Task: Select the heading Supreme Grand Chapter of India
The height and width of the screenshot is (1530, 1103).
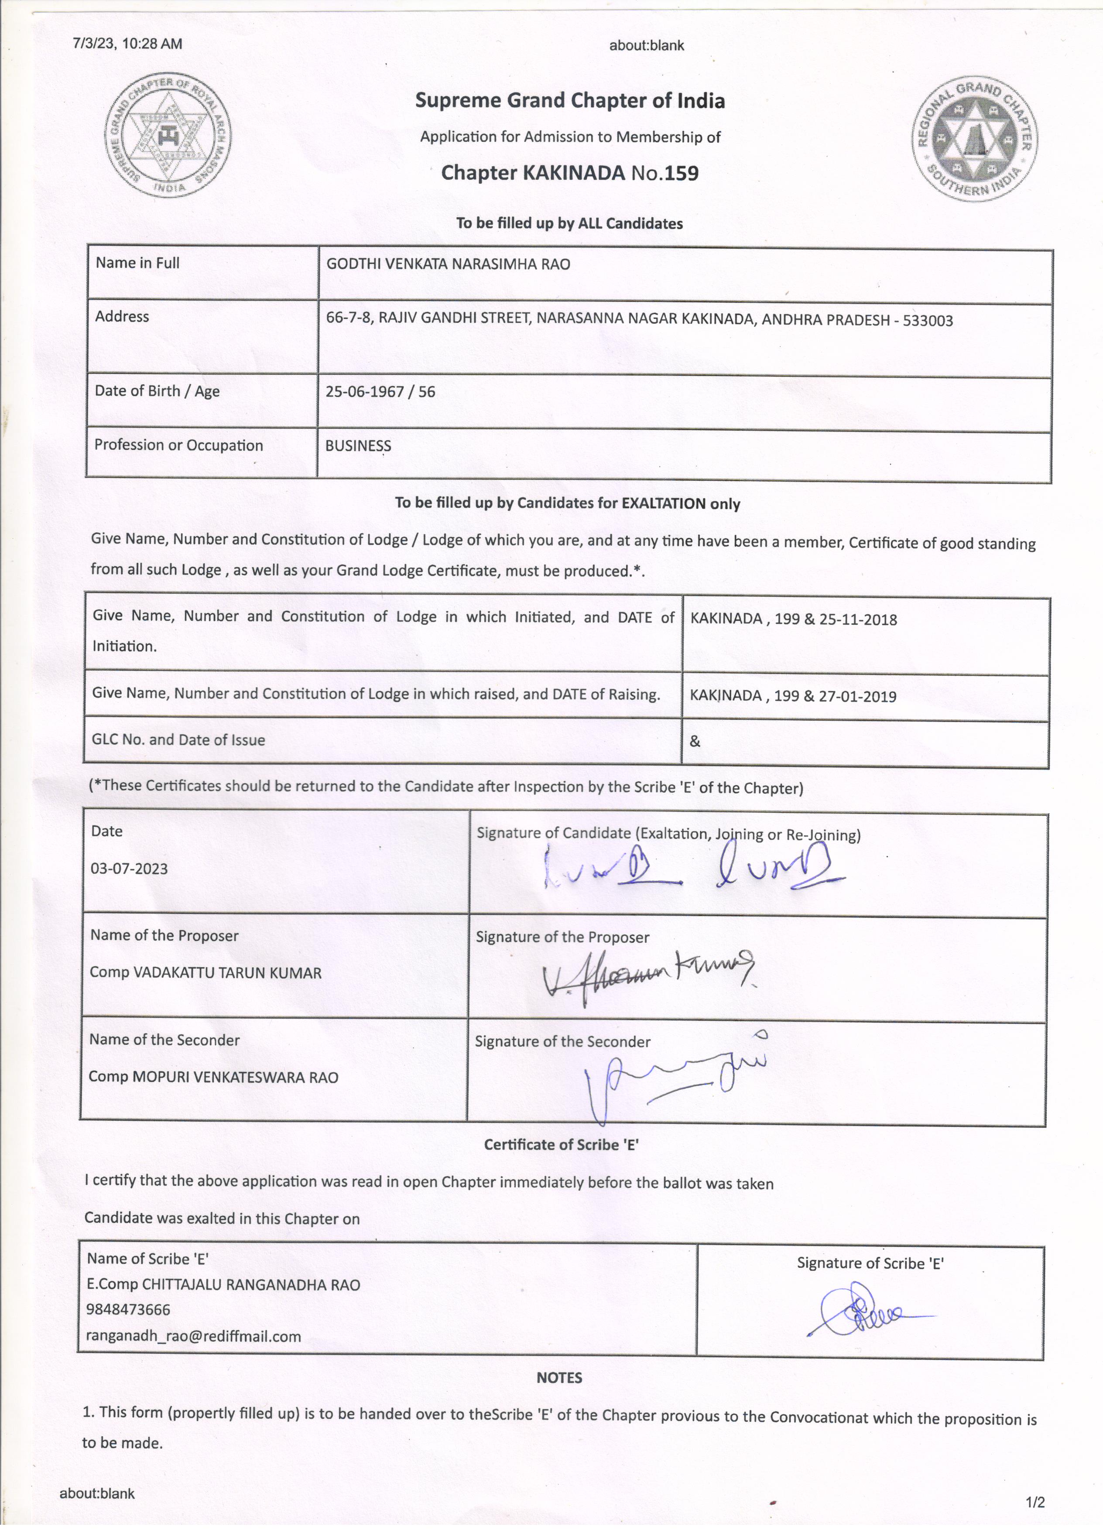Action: pos(570,101)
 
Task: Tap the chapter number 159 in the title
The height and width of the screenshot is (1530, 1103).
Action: pos(682,173)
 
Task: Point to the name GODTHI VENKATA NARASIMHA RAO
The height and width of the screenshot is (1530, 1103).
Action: pos(448,264)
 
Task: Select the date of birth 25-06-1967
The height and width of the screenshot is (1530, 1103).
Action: pos(364,392)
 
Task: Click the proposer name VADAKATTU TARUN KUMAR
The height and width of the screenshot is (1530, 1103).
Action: pos(227,973)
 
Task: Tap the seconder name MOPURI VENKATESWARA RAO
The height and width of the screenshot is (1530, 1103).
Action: pos(235,1077)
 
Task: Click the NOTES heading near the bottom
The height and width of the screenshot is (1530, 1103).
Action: pos(559,1378)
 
